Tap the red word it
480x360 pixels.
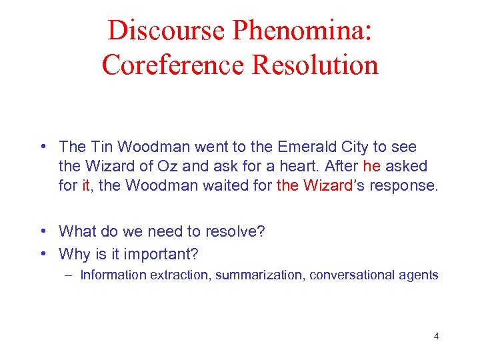(85, 185)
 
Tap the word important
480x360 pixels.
(169, 254)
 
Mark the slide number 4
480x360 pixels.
(437, 335)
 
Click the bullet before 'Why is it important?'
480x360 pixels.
(43, 254)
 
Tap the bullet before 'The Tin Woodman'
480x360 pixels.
(43, 146)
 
